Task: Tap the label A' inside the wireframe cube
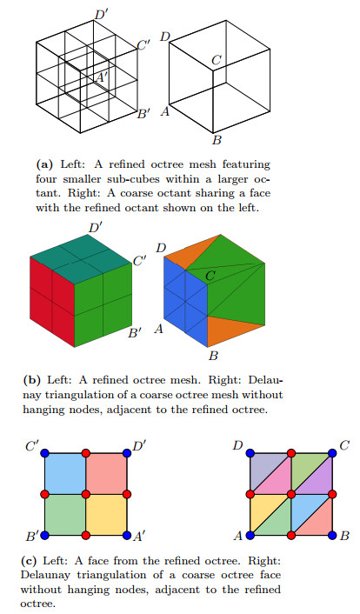click(x=103, y=77)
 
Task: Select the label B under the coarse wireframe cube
click(x=217, y=140)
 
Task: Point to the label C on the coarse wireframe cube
click(x=217, y=60)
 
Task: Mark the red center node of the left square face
click(x=85, y=493)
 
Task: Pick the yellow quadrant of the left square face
click(x=106, y=513)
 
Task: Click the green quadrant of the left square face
click(x=64, y=513)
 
